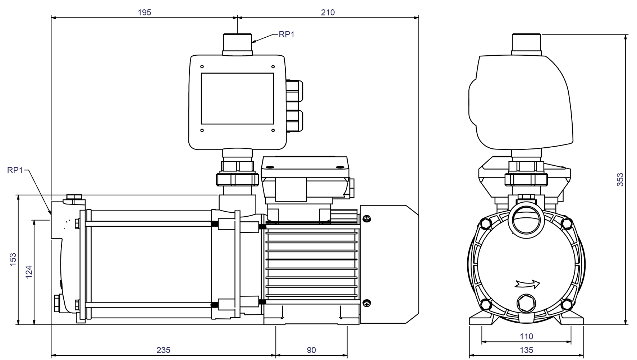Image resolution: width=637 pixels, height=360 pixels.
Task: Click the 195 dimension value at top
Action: (x=145, y=12)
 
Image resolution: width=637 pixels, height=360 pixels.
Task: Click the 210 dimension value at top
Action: (x=327, y=12)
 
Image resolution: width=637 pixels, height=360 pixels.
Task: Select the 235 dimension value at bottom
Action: (x=163, y=350)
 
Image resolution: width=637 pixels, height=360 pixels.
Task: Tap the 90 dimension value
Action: (x=311, y=350)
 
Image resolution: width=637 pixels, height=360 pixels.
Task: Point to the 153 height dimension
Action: (x=13, y=260)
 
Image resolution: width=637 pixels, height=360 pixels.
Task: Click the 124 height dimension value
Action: (x=29, y=272)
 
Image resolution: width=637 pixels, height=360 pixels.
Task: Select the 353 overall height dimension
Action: (x=620, y=180)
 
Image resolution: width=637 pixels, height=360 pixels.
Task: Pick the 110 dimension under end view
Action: (x=526, y=336)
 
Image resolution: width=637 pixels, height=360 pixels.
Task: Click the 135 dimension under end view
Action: (x=526, y=350)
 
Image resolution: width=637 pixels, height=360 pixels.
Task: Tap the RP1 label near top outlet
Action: (x=287, y=34)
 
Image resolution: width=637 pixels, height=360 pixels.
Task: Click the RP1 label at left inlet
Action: (x=15, y=170)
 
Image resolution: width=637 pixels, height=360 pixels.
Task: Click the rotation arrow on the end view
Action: (x=527, y=284)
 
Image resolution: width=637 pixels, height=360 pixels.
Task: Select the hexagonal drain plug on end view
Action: (x=526, y=304)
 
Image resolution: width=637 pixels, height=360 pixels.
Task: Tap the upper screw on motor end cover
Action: (x=367, y=218)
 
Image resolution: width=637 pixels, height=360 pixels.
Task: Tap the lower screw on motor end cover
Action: (x=367, y=303)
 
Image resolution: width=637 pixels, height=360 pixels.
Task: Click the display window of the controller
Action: (x=237, y=98)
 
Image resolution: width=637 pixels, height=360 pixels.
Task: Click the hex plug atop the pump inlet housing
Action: (x=74, y=198)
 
